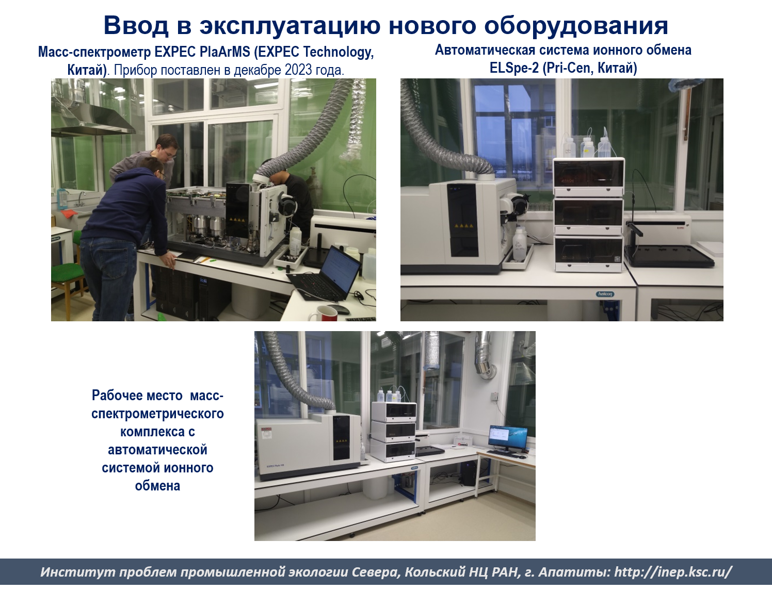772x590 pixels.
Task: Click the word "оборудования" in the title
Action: point(576,26)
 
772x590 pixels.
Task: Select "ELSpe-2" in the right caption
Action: point(514,68)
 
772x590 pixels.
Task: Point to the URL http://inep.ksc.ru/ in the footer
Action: point(673,572)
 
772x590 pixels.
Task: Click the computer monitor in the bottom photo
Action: point(508,438)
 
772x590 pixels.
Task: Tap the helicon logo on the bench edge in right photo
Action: point(605,294)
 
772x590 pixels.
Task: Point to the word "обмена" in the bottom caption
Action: point(157,486)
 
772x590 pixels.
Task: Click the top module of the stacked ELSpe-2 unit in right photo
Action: point(588,177)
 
